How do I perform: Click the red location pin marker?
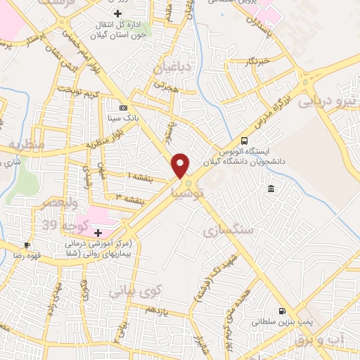pos(181,165)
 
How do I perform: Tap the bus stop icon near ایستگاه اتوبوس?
pos(244,141)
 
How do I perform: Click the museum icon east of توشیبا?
pos(271,188)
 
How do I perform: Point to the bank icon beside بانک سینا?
pos(124,108)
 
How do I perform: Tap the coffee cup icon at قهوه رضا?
pos(27,245)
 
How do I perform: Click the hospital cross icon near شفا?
pos(98,233)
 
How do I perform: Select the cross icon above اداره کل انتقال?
pos(117,13)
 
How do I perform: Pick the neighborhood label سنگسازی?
pos(225,230)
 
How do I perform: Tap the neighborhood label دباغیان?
pos(173,67)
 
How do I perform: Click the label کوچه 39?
pos(59,225)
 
